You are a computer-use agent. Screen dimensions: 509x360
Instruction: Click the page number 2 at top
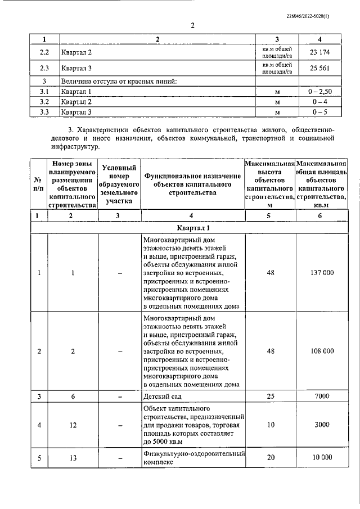pyautogui.click(x=192, y=25)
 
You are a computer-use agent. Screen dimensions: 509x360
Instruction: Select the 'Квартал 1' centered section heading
pyautogui.click(x=192, y=228)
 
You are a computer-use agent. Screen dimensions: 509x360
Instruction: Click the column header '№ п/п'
pyautogui.click(x=38, y=183)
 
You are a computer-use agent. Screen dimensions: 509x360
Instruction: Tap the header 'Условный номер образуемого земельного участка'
pyautogui.click(x=119, y=183)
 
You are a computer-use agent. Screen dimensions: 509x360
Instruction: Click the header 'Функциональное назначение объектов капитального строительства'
pyautogui.click(x=192, y=184)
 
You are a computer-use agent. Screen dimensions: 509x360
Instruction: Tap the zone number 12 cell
pyautogui.click(x=73, y=425)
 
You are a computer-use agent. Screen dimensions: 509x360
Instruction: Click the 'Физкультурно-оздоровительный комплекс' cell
pyautogui.click(x=192, y=458)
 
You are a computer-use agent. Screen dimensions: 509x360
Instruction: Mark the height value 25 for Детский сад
pyautogui.click(x=271, y=397)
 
